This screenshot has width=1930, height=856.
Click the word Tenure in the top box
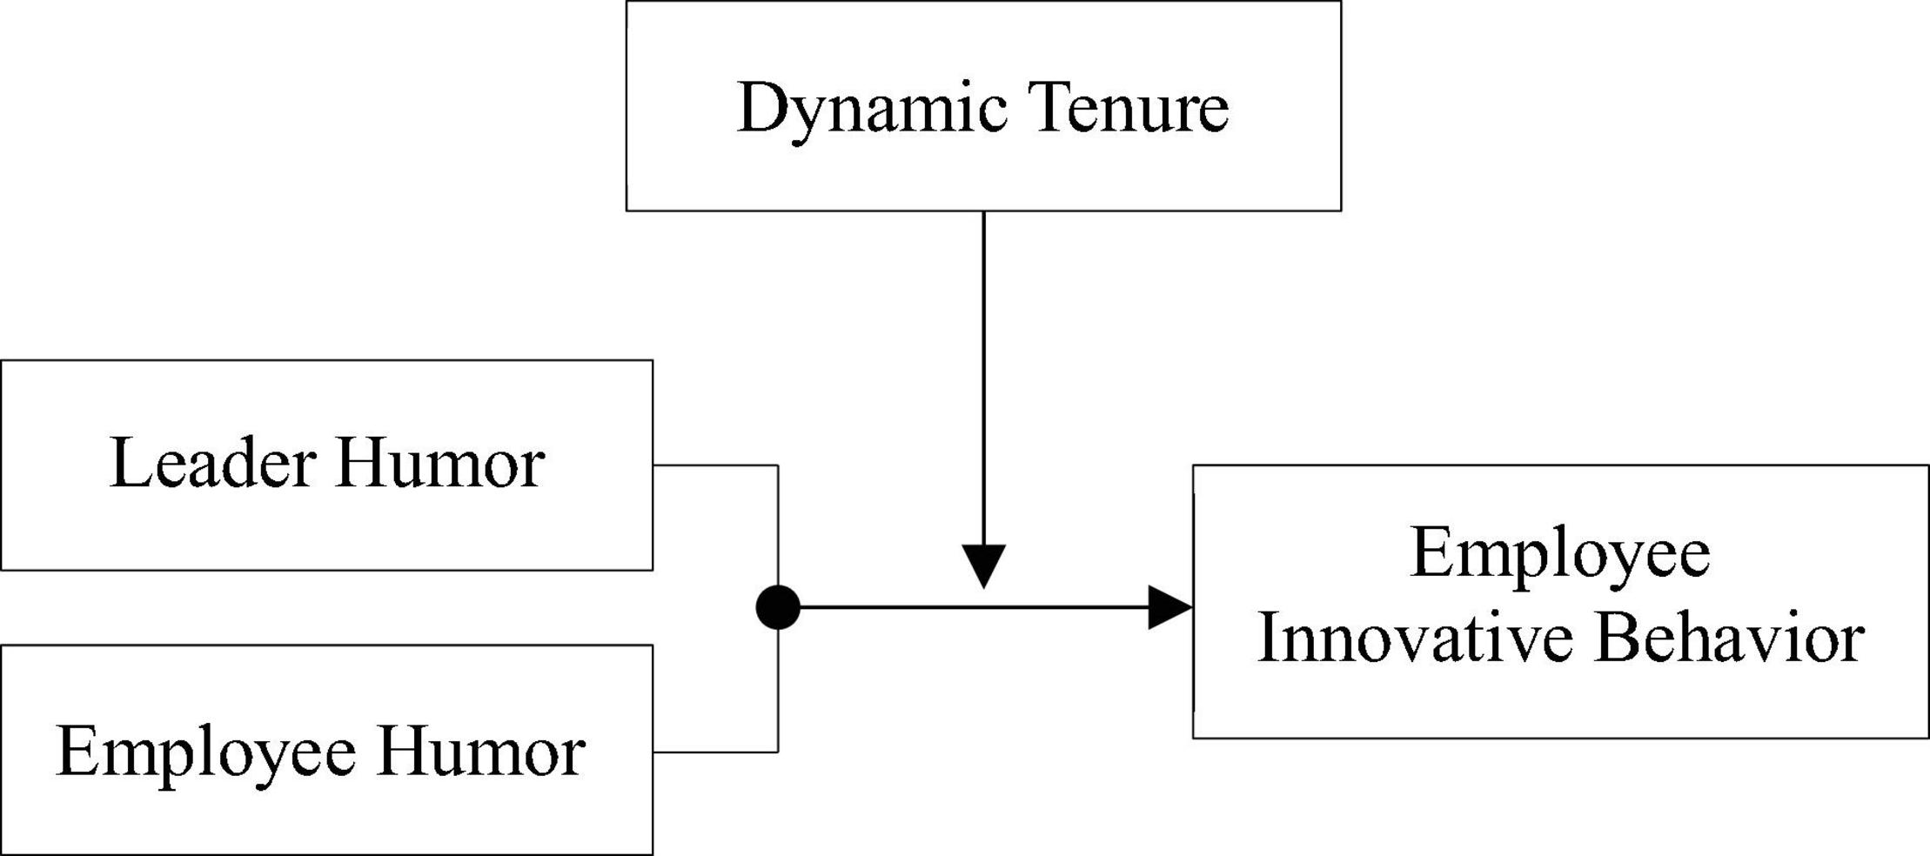[x=1131, y=108]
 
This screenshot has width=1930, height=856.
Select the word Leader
[x=212, y=464]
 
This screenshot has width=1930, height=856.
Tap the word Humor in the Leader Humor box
[x=440, y=464]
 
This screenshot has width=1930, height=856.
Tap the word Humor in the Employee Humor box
[x=481, y=752]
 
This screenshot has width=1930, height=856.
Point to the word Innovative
[x=1415, y=639]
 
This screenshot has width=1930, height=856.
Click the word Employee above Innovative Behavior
[x=1560, y=555]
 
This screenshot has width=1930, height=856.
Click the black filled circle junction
[x=778, y=607]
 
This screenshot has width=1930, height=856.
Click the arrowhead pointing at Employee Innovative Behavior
[x=1169, y=607]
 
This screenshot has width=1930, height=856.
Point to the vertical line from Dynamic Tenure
[x=984, y=374]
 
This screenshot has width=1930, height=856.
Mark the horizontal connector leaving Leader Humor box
[x=714, y=465]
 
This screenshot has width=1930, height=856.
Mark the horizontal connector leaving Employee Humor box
[x=714, y=752]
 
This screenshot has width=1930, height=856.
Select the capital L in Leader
[x=129, y=464]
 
